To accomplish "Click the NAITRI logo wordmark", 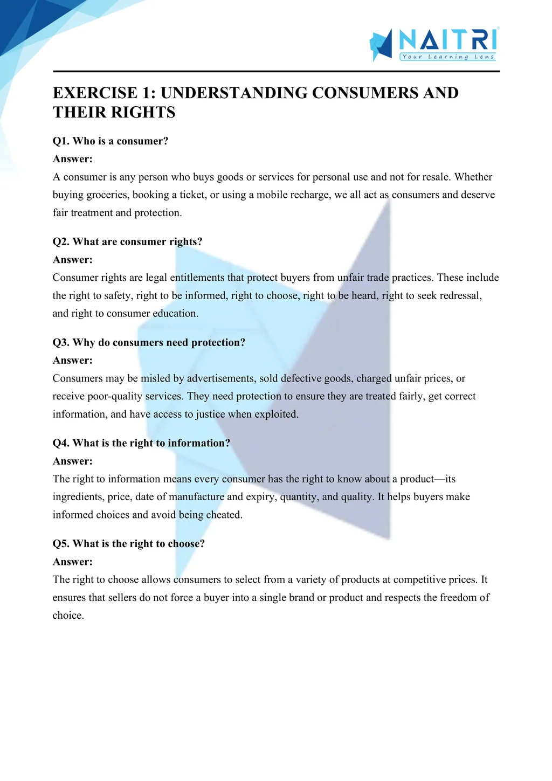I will [448, 40].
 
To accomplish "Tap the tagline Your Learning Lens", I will [448, 57].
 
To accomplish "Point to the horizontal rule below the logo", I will [276, 71].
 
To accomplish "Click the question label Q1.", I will [60, 141].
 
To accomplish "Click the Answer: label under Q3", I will [73, 361].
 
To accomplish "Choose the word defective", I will [301, 378].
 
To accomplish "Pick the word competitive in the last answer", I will [420, 579].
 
